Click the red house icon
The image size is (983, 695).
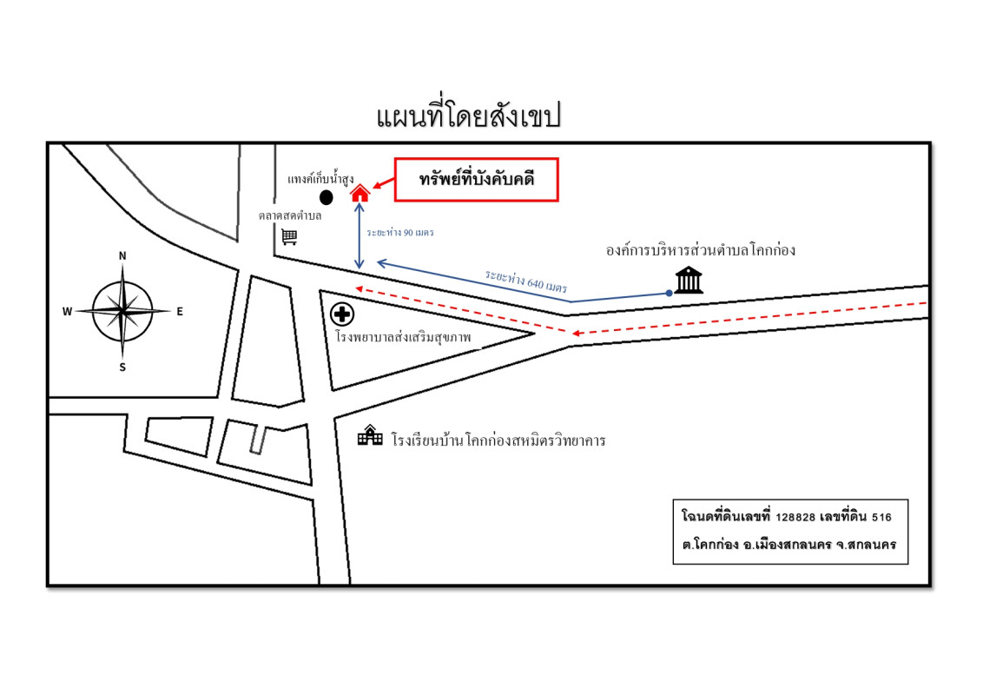[360, 193]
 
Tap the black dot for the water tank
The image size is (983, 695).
[326, 197]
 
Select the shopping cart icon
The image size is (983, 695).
[289, 236]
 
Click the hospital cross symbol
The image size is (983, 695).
[342, 314]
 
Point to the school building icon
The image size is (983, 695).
[370, 434]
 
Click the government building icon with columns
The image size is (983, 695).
[689, 280]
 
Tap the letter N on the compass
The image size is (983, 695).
[122, 256]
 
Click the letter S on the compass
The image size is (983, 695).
[122, 367]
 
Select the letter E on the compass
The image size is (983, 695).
[180, 312]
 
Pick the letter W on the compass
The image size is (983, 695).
[67, 312]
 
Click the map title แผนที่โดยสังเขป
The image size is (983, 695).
[468, 116]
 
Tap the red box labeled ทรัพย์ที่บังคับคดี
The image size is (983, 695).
[477, 180]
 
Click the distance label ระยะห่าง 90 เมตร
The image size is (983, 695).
[400, 233]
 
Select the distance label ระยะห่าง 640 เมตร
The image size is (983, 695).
[526, 281]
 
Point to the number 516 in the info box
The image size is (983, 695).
[881, 518]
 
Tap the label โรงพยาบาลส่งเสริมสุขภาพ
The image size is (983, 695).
[403, 337]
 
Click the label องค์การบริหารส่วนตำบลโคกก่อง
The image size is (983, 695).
[700, 250]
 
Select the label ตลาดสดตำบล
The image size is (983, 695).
[290, 215]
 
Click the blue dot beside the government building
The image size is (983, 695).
[669, 293]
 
